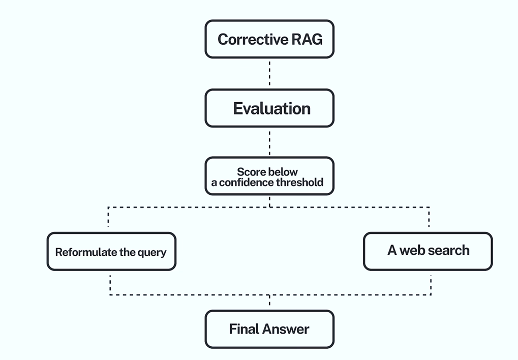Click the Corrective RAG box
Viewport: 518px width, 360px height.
pyautogui.click(x=269, y=39)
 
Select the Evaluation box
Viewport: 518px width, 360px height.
pyautogui.click(x=269, y=108)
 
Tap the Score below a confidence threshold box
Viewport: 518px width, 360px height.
pyautogui.click(x=269, y=176)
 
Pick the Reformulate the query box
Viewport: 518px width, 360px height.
pyautogui.click(x=111, y=252)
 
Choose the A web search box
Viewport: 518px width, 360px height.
pyautogui.click(x=428, y=252)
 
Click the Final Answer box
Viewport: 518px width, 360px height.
pyautogui.click(x=269, y=329)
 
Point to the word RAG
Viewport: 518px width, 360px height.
pyautogui.click(x=307, y=39)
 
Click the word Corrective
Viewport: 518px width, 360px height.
pyautogui.click(x=253, y=39)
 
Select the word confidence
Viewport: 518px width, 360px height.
pyautogui.click(x=247, y=182)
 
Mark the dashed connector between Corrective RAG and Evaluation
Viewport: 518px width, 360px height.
pyautogui.click(x=269, y=73)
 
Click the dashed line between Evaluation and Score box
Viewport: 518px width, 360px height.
pyautogui.click(x=269, y=142)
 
